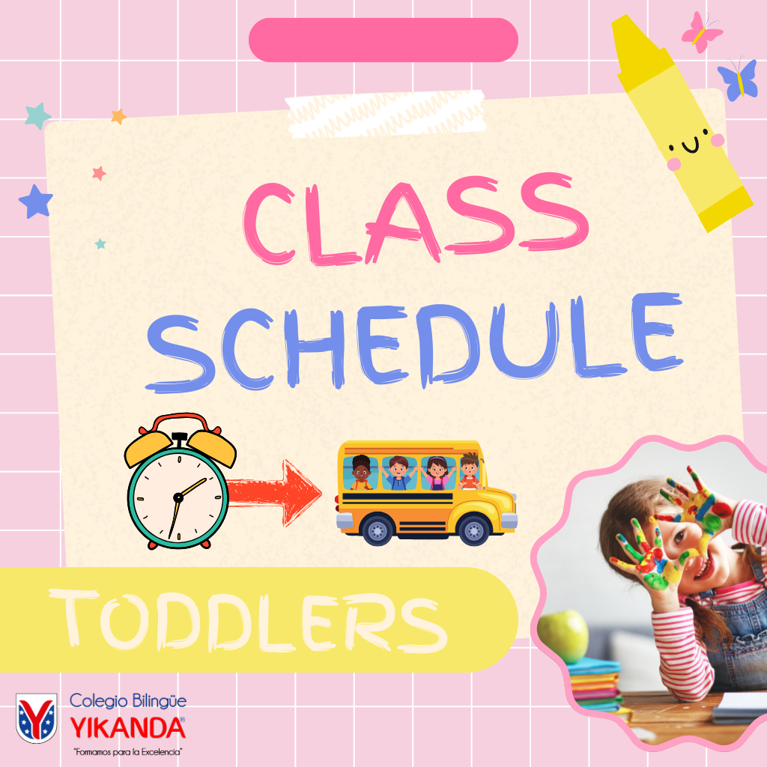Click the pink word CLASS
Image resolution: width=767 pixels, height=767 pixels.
(416, 219)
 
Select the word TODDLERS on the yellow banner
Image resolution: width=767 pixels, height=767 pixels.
(248, 621)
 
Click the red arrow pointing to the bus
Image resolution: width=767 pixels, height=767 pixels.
(274, 493)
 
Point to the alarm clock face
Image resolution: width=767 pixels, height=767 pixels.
(178, 497)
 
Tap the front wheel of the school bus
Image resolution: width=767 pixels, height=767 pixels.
(473, 530)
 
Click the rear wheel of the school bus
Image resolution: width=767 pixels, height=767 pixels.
(378, 530)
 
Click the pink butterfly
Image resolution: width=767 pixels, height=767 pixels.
(702, 32)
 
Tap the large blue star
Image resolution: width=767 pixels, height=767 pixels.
(36, 201)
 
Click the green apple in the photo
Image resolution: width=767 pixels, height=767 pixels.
(563, 637)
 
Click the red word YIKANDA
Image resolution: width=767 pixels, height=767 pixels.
(127, 728)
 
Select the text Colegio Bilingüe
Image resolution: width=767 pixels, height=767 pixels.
(127, 701)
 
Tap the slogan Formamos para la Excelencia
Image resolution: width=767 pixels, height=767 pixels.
(127, 752)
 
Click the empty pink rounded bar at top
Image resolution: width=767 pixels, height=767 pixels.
(383, 40)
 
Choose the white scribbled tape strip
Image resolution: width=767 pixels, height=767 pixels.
(386, 114)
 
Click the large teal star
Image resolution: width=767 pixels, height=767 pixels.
(37, 115)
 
